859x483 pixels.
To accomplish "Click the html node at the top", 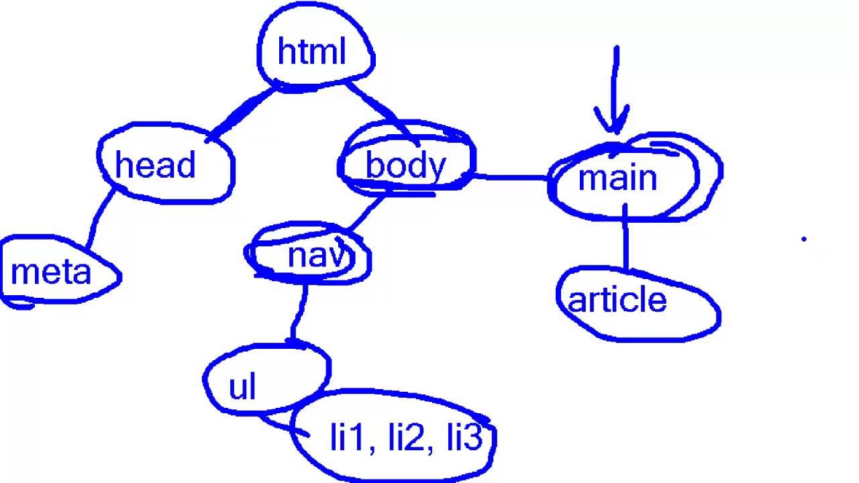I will [x=312, y=52].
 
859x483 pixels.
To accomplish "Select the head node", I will [x=156, y=165].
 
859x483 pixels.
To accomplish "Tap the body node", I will [x=405, y=166].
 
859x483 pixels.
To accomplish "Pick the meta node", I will [x=51, y=272].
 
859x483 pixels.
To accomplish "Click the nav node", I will [x=314, y=256].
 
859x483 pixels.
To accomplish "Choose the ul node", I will [x=243, y=387].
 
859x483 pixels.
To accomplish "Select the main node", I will [x=617, y=178].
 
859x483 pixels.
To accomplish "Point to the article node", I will [x=617, y=301].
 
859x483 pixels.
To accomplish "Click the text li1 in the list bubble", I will [x=347, y=437].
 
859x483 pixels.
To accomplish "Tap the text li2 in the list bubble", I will [x=405, y=437].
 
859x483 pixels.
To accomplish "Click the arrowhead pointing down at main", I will [x=613, y=125].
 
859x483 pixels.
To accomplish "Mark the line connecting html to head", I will [x=242, y=113].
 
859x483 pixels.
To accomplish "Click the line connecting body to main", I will [x=510, y=178].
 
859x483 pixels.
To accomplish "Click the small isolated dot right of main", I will [x=803, y=238].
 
